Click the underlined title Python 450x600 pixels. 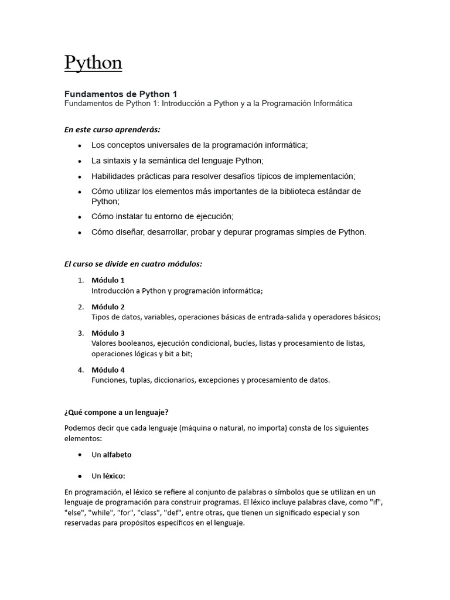coord(93,63)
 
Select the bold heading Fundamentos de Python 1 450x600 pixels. coord(120,94)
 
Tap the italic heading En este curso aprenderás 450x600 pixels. coord(112,129)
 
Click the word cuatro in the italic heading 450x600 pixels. coord(153,264)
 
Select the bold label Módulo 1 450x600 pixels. coord(108,280)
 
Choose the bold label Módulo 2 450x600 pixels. coord(108,307)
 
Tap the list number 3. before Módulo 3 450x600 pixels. coord(81,333)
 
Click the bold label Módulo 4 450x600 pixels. coord(108,370)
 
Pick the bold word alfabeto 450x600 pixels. coord(117,455)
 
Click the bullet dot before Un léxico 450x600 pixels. coord(79,476)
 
